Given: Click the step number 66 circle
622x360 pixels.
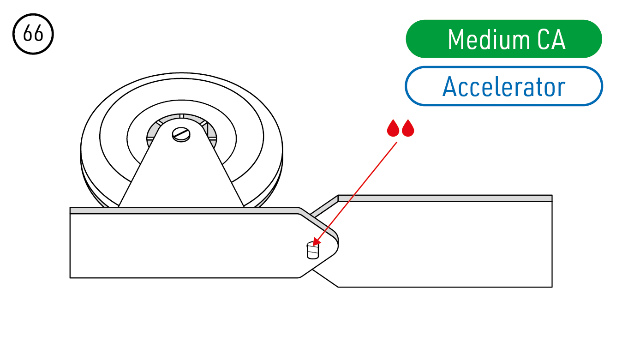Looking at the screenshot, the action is click(33, 34).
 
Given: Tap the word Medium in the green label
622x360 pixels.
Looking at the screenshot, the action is click(489, 39).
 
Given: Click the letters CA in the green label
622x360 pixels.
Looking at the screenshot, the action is click(551, 39).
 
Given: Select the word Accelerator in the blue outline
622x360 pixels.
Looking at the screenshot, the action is click(504, 86).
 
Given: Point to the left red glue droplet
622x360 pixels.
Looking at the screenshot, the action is click(393, 128).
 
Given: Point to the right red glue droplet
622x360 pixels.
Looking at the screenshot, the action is click(408, 128).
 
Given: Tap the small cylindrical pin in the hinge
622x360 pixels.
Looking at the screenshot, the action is click(313, 251).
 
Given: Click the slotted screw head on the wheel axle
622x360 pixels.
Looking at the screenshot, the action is click(181, 134).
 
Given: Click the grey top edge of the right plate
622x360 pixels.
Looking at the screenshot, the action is click(445, 198).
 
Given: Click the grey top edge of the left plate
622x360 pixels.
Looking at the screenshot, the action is click(183, 210).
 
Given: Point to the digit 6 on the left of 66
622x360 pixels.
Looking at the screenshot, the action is click(28, 33).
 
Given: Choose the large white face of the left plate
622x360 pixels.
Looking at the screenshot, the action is click(183, 246).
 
